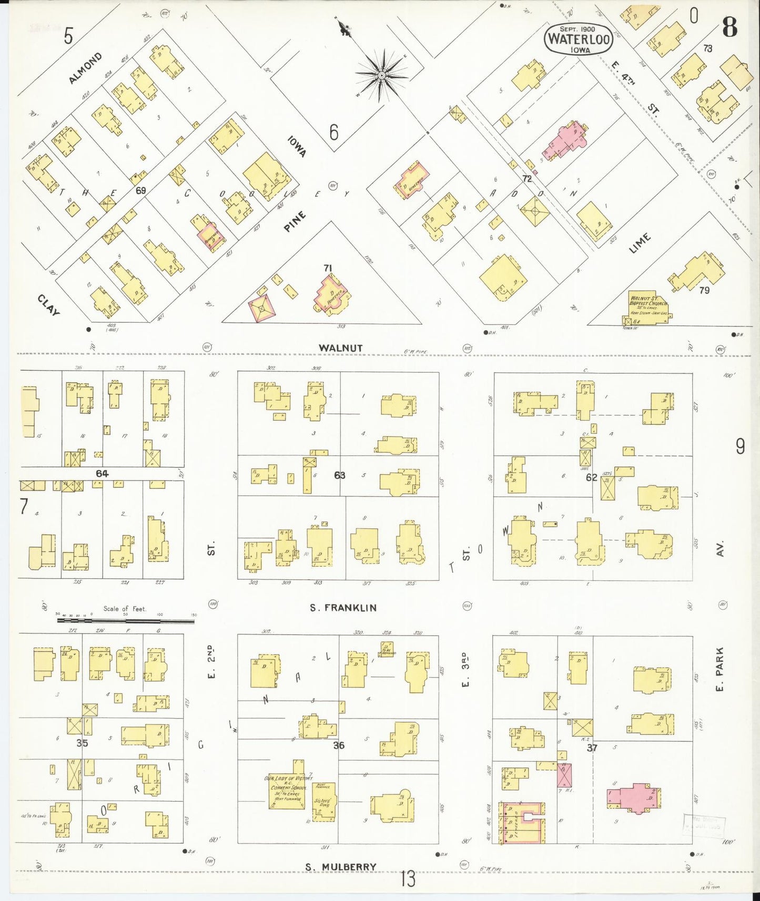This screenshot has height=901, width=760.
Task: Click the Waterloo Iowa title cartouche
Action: pos(578,39)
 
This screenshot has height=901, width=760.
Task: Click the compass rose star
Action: pos(381,76)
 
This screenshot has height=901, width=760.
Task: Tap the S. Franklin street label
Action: pos(343,608)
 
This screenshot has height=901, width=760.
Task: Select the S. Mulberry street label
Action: pos(341,867)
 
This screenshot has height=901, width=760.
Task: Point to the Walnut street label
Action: pos(340,348)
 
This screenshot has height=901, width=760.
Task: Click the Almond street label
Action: pos(85,68)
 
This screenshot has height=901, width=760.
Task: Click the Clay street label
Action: pos(48,305)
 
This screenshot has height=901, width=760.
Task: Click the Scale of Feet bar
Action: pos(125,621)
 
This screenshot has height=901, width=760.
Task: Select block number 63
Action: pos(340,475)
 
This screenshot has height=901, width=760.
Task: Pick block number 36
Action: pos(339,745)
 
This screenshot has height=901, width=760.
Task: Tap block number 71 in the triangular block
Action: pos(328,268)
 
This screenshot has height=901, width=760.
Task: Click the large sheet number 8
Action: pos(729,27)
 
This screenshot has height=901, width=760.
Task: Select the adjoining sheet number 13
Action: pos(408,879)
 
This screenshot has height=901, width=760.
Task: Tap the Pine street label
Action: pos(295,222)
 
